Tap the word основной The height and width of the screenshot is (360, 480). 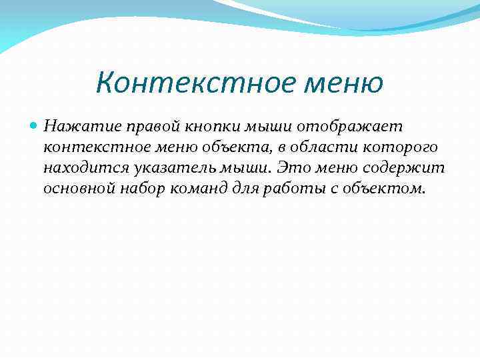81,188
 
